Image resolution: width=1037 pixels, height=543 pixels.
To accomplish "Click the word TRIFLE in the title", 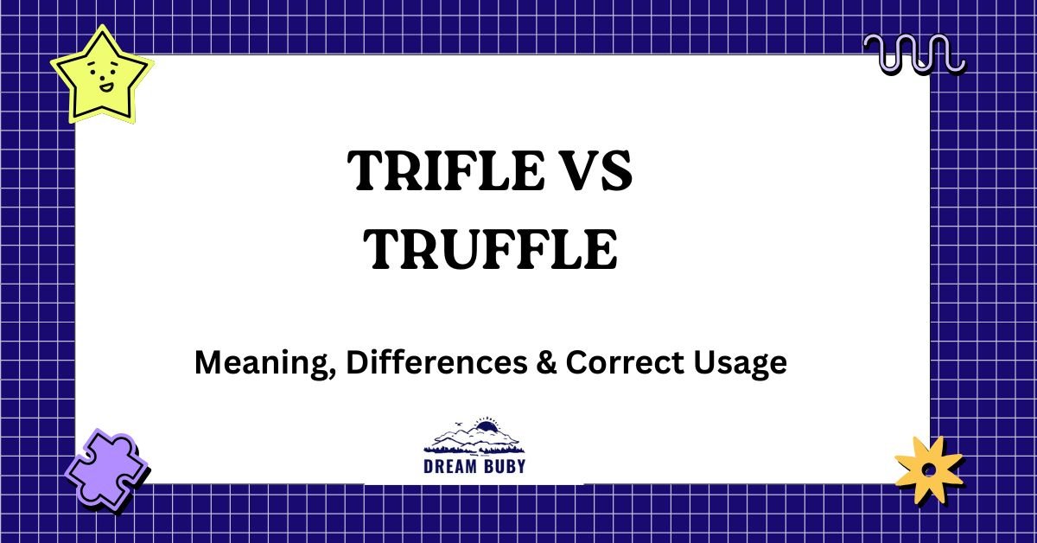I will pos(436,171).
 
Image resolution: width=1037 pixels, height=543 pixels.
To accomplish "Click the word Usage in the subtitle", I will pos(744,364).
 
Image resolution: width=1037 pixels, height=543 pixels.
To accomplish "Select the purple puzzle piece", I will pos(105,471).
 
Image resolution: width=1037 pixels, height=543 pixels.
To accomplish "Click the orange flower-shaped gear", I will pos(928,469).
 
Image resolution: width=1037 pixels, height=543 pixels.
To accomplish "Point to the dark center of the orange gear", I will pos(928,470).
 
